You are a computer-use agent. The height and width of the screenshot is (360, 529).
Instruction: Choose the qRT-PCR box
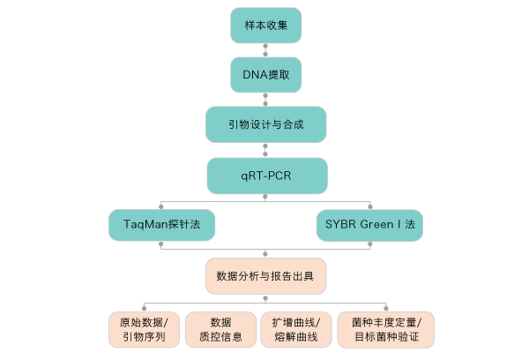266,176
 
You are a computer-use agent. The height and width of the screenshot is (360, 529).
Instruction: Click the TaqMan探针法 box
162,226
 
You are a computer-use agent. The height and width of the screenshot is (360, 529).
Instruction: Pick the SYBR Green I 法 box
370,226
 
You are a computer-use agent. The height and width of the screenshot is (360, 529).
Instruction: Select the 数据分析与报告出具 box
266,277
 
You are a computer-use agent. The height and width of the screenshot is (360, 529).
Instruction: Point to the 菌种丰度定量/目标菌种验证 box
385,328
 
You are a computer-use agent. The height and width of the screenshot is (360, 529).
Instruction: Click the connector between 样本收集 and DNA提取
266,49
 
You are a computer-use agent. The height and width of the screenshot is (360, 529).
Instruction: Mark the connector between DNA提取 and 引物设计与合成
266,100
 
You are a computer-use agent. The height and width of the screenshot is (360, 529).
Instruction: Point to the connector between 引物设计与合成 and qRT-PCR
266,150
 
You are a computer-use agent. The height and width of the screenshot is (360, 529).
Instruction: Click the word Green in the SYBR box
376,226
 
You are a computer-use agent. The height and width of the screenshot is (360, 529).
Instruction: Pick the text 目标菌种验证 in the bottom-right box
385,336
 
